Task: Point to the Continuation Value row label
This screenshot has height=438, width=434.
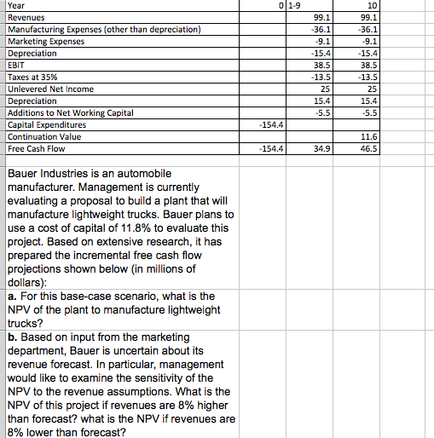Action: click(x=44, y=136)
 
